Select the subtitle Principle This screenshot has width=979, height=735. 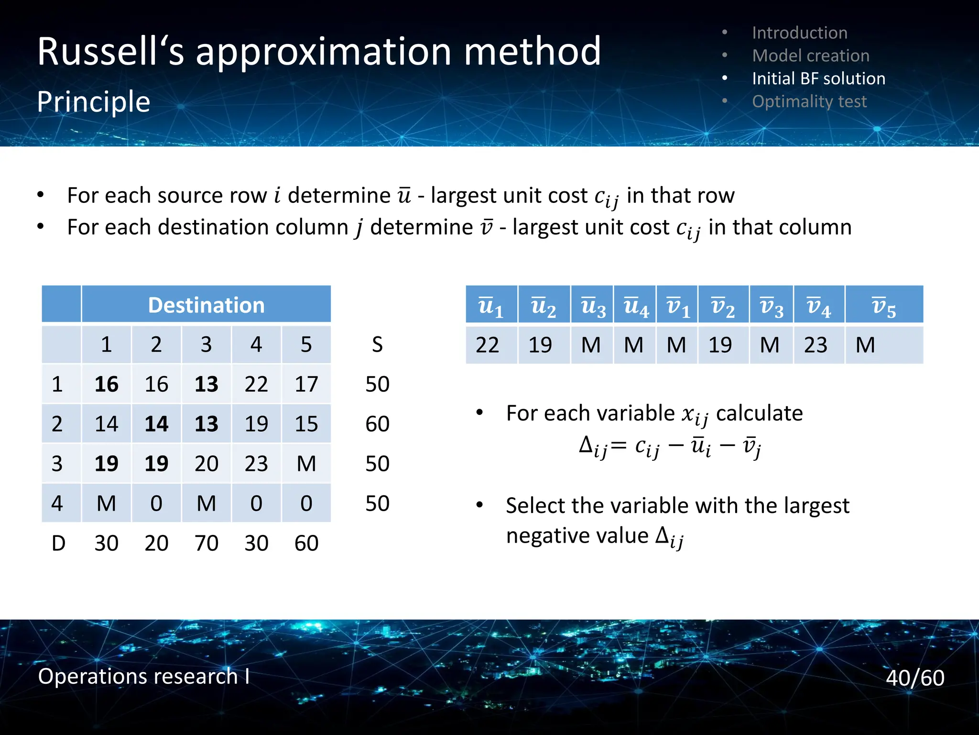pos(94,102)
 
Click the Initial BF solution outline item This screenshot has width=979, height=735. pos(818,78)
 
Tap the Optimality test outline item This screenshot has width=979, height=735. pos(809,101)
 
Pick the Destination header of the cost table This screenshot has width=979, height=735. pos(206,305)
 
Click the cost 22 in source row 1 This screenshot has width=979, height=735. pos(256,384)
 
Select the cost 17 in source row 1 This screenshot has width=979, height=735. pos(306,384)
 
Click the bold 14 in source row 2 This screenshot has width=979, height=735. pos(156,424)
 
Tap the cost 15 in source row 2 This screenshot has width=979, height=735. pos(306,424)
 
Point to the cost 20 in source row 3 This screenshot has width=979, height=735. pos(206,464)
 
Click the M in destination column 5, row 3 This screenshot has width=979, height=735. pos(306,464)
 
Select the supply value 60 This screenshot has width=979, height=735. pos(377,424)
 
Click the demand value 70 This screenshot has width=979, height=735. pos(206,543)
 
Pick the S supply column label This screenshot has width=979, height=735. pos(377,345)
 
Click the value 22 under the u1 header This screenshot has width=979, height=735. pos(487,345)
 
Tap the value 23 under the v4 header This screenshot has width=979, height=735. pos(815,345)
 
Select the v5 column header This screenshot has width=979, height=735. pos(883,306)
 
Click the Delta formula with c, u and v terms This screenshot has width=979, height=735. pos(669,447)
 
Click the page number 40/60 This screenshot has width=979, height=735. pos(914,678)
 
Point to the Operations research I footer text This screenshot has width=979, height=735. pos(143,676)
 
